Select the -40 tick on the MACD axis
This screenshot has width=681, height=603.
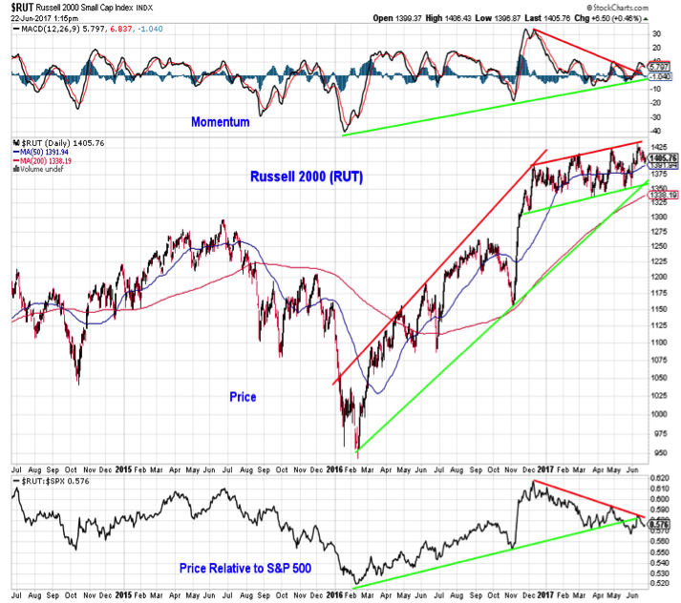click(x=656, y=131)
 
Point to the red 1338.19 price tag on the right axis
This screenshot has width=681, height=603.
click(x=663, y=195)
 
